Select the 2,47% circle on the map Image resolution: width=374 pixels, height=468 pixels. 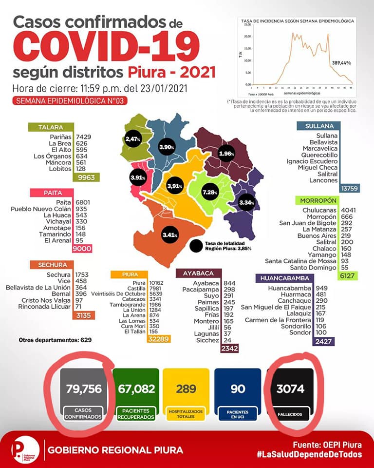click(x=132, y=139)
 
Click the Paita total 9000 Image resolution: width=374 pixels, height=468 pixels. click(x=82, y=248)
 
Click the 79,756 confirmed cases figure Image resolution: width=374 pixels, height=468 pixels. click(x=83, y=389)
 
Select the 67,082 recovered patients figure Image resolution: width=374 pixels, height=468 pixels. click(x=136, y=389)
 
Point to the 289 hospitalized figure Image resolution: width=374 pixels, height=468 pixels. click(x=187, y=389)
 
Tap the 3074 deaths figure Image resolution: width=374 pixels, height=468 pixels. click(x=290, y=389)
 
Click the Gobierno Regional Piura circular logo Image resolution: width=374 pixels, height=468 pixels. click(x=24, y=449)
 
